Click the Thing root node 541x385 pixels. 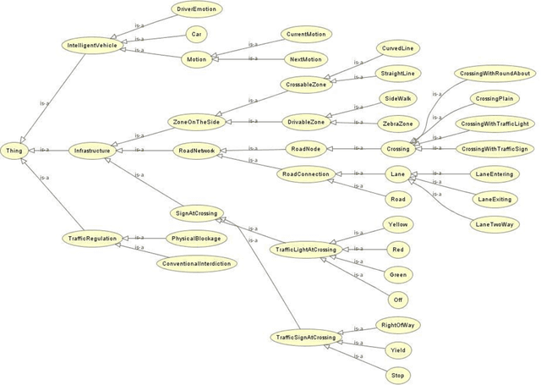[x=15, y=150]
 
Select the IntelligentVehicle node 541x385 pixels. [x=92, y=44]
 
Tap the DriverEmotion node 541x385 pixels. [x=196, y=9]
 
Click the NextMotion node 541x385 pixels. [x=305, y=60]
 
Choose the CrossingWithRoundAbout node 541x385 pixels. [x=495, y=74]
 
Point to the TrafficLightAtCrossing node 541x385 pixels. [x=303, y=250]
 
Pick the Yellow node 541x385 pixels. [x=397, y=224]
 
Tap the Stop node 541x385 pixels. [x=397, y=373]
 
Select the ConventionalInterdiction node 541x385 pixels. [x=196, y=263]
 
